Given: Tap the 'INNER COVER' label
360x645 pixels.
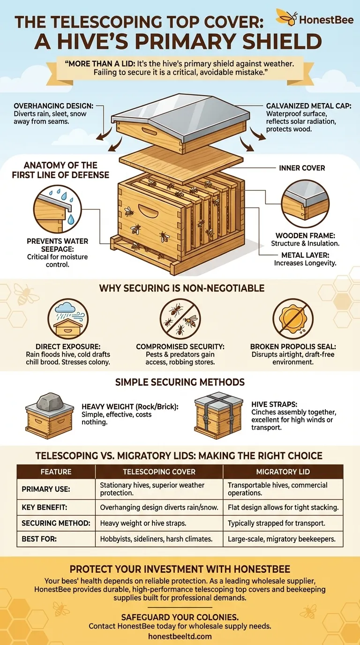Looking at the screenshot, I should (302, 167).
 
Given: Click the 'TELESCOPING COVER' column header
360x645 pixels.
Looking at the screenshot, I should (159, 472).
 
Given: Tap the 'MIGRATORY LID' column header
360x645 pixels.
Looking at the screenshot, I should (283, 472).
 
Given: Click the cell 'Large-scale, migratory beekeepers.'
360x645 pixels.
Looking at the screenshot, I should (282, 539).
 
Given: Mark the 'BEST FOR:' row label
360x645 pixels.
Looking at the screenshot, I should (39, 539).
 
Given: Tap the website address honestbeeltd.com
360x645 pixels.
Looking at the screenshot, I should (180, 636).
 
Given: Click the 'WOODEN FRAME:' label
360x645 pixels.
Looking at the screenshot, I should (305, 236).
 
